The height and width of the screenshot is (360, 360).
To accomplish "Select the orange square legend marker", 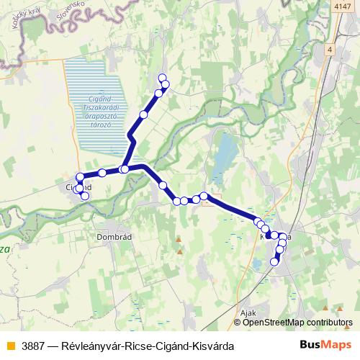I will tap(9, 346).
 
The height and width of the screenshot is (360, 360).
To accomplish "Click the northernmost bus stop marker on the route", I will tap(162, 78).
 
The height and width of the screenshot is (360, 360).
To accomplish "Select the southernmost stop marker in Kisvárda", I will tap(274, 261).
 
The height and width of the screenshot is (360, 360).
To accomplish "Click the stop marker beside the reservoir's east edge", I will tap(143, 114).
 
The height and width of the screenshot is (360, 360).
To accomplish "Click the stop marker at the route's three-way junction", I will tap(125, 169).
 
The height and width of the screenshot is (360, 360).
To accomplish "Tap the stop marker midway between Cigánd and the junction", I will tap(102, 172).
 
